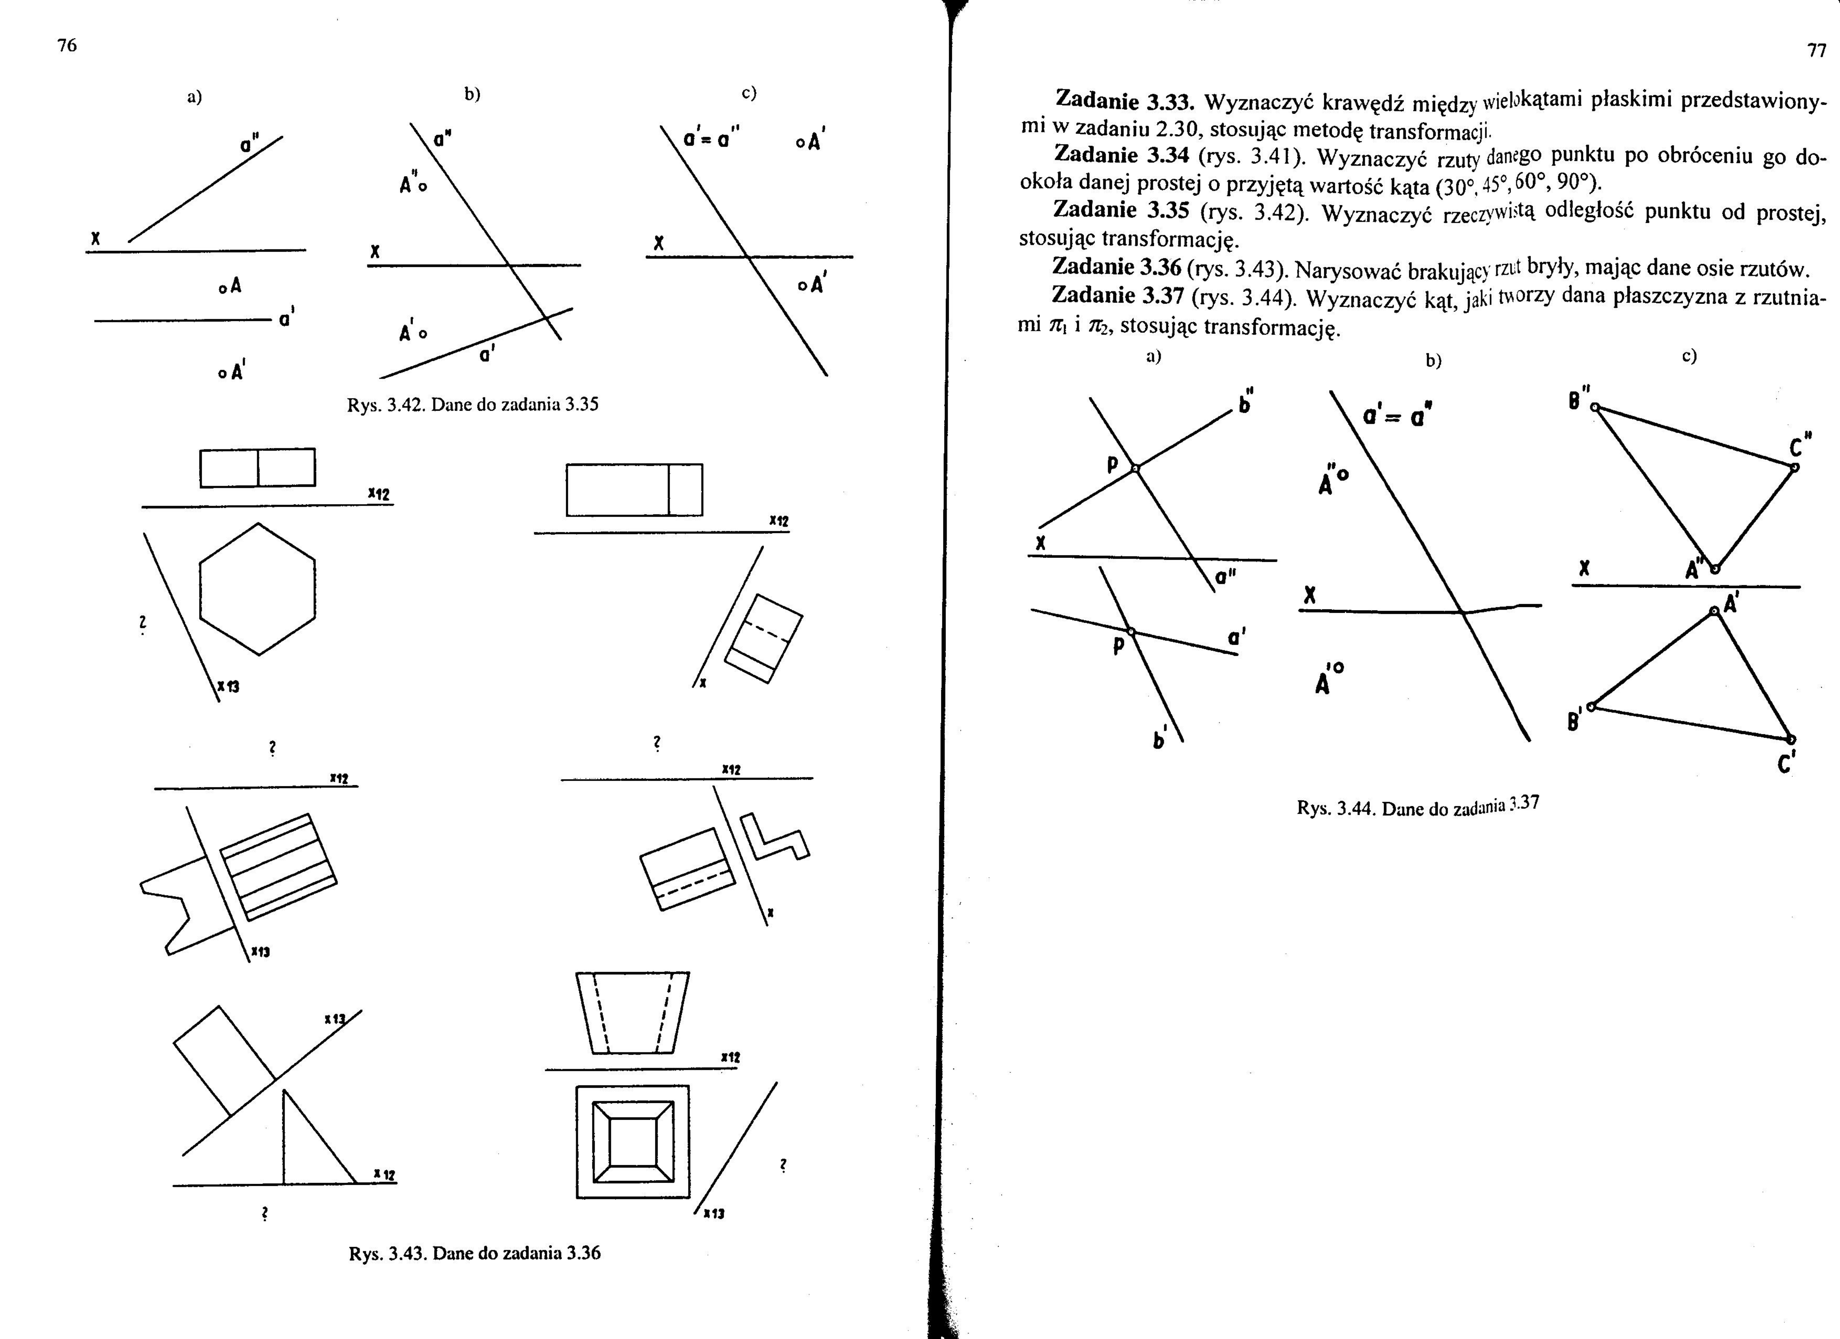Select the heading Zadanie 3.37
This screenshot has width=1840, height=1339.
[x=1118, y=295]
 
